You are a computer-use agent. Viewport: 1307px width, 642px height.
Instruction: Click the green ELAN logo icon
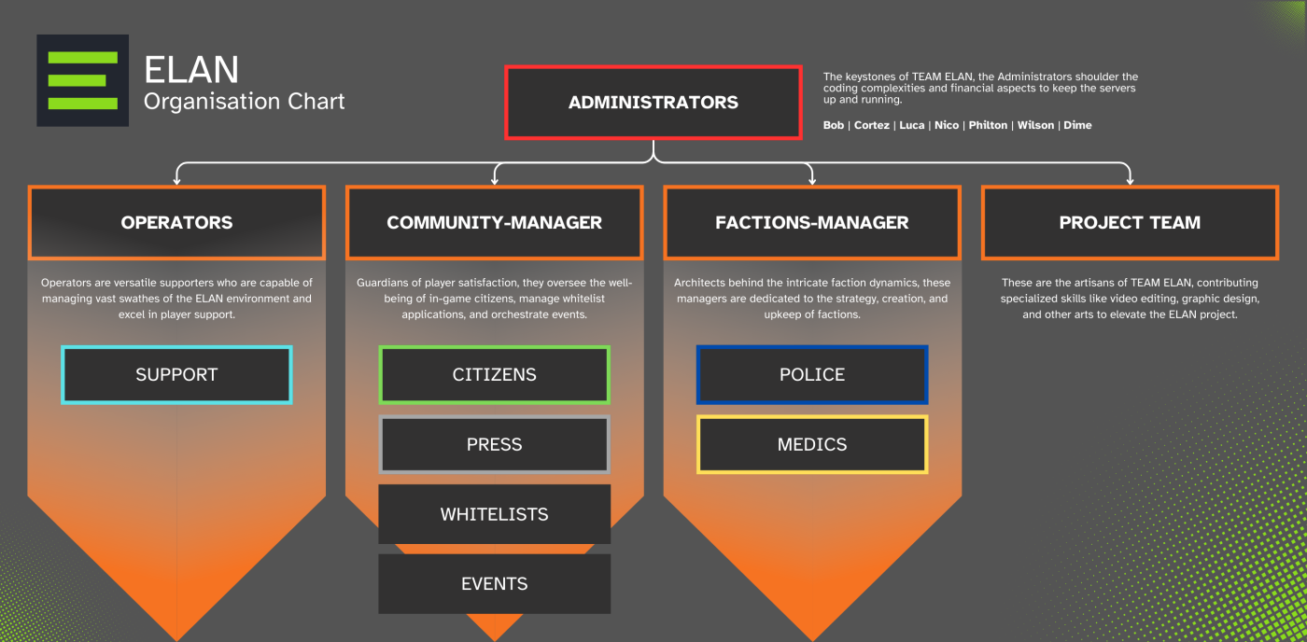point(82,81)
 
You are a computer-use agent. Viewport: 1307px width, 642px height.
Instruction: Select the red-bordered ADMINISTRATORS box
point(653,103)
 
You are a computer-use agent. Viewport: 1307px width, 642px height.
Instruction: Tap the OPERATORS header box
point(176,223)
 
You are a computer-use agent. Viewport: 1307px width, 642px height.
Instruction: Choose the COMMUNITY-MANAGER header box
point(494,223)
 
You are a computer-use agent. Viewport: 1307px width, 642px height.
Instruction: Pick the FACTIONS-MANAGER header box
point(811,223)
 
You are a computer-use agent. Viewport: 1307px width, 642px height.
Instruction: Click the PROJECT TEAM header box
point(1130,223)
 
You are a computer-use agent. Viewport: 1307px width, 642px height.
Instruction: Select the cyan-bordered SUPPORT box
point(176,375)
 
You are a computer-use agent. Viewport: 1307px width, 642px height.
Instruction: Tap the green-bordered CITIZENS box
point(494,375)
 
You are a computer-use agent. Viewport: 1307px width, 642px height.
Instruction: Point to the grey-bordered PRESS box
point(494,445)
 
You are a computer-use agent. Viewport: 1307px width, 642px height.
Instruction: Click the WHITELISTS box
point(494,514)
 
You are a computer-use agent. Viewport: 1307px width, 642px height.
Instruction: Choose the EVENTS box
point(494,584)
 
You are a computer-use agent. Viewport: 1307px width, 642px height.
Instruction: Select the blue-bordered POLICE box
point(811,375)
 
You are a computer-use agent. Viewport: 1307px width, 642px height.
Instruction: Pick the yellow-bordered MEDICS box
point(811,445)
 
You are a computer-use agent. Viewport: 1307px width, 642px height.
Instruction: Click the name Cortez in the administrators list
point(871,125)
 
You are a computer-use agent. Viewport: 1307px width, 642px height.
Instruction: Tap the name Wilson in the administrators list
point(1035,125)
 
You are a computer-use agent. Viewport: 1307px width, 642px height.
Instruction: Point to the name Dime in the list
point(1077,125)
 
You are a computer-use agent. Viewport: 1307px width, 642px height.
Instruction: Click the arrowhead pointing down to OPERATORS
point(176,179)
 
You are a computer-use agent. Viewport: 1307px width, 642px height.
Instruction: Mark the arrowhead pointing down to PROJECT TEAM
point(1130,179)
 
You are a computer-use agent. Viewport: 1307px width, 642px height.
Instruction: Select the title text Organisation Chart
point(245,102)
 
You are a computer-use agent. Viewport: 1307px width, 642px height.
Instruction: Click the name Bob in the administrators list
point(834,125)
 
